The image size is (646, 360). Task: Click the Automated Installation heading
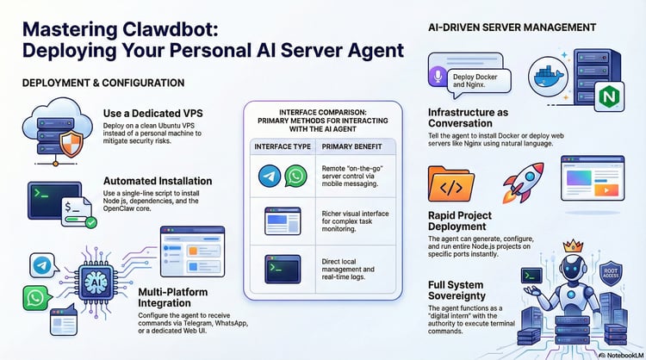pyautogui.click(x=160, y=182)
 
